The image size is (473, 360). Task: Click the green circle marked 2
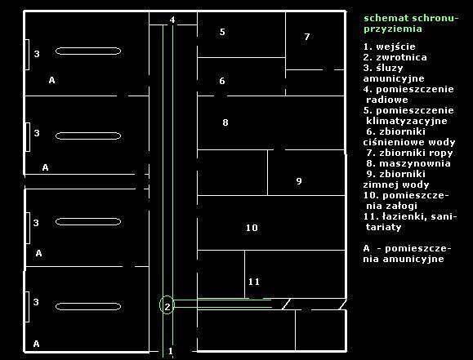click(x=160, y=305)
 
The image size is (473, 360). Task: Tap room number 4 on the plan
click(x=172, y=20)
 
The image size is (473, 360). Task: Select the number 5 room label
click(x=222, y=32)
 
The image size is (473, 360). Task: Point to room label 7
click(x=307, y=37)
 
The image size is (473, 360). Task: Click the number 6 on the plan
click(x=222, y=81)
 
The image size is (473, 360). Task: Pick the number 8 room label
click(x=225, y=122)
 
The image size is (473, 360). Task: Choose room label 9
click(x=299, y=181)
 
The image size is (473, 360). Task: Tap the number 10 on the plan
click(x=252, y=228)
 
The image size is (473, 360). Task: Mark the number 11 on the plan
click(x=254, y=282)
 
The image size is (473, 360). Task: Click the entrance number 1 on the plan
click(x=171, y=351)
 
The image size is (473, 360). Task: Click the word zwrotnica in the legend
click(x=401, y=57)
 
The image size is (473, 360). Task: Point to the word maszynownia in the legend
click(x=415, y=163)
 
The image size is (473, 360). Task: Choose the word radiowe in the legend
click(x=387, y=100)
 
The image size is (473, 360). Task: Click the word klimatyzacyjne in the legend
click(x=407, y=121)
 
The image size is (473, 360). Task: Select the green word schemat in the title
click(x=386, y=18)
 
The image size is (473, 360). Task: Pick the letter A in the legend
click(x=366, y=248)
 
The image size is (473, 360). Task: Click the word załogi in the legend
click(x=397, y=207)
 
